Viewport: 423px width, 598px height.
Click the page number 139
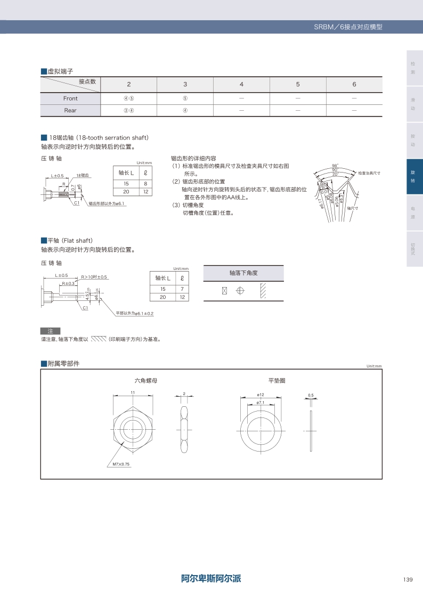tap(408, 579)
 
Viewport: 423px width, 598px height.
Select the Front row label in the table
tap(70, 99)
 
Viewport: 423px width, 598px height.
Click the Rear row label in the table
tap(70, 110)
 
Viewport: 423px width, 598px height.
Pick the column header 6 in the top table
tap(354, 84)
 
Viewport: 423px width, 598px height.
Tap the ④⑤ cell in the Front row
tap(128, 99)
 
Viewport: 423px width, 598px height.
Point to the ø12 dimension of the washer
tap(261, 395)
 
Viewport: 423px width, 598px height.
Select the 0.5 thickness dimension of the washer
tap(311, 395)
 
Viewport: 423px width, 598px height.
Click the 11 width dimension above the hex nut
tap(132, 392)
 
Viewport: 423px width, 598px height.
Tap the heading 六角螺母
tap(145, 381)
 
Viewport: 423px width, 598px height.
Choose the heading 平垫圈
tap(276, 381)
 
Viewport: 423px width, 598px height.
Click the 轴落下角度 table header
tap(243, 273)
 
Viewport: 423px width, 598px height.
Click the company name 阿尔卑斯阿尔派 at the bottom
tap(211, 579)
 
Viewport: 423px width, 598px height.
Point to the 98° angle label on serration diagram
tap(335, 166)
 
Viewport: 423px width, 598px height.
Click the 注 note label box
tap(51, 331)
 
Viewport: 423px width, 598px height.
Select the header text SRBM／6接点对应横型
tap(348, 27)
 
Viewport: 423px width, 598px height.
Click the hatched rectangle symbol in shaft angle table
tap(262, 291)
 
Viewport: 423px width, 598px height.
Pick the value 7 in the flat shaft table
tap(182, 289)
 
